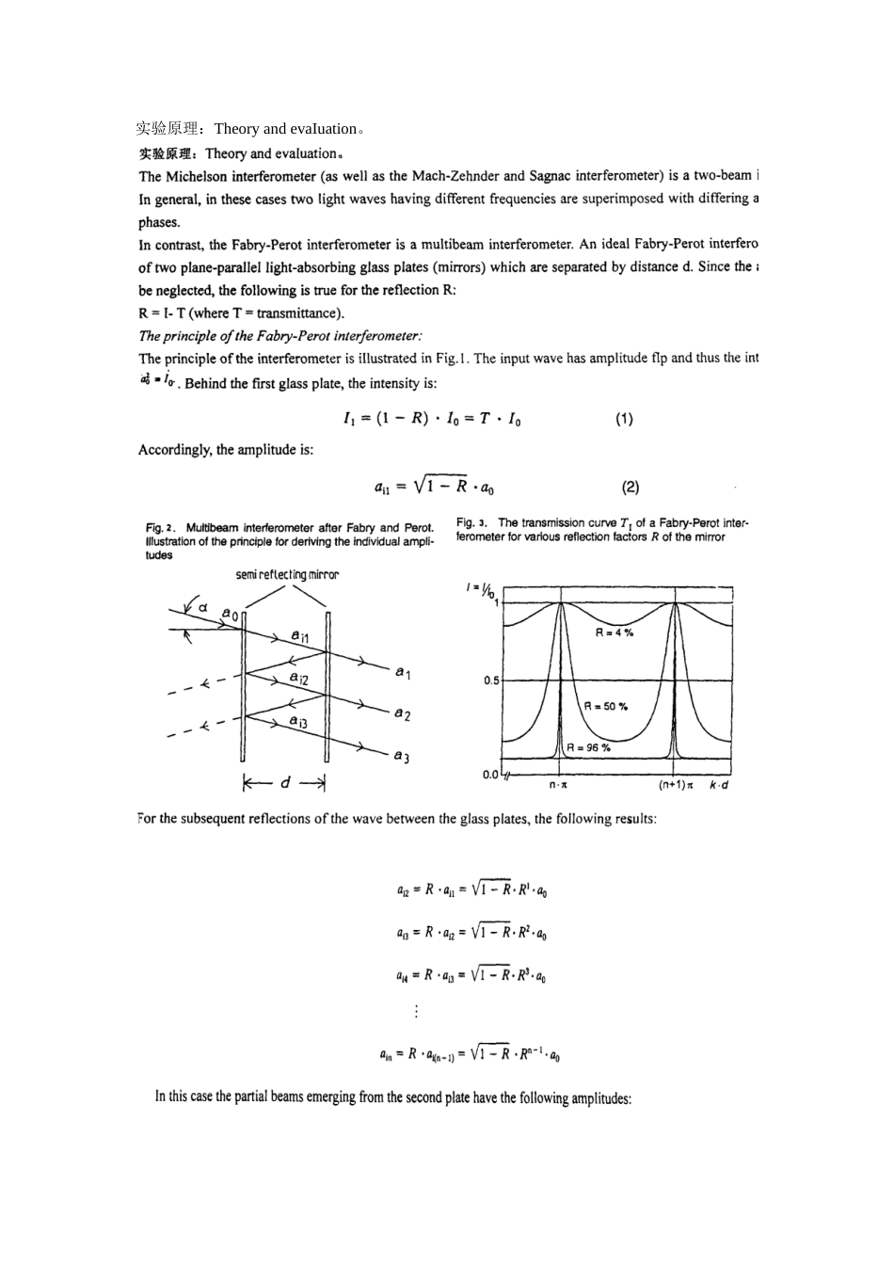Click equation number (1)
point(624,419)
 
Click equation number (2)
point(631,487)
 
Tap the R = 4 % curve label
point(614,632)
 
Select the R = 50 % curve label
point(606,706)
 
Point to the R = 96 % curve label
point(588,747)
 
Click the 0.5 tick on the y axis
point(491,681)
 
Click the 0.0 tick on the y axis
point(490,775)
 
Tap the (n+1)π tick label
point(676,785)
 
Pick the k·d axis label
point(719,785)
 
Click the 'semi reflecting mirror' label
point(286,574)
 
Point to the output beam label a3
point(402,756)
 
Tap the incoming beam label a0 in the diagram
point(230,614)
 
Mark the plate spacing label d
point(286,783)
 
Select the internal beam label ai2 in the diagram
point(298,678)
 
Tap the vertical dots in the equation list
point(416,1011)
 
